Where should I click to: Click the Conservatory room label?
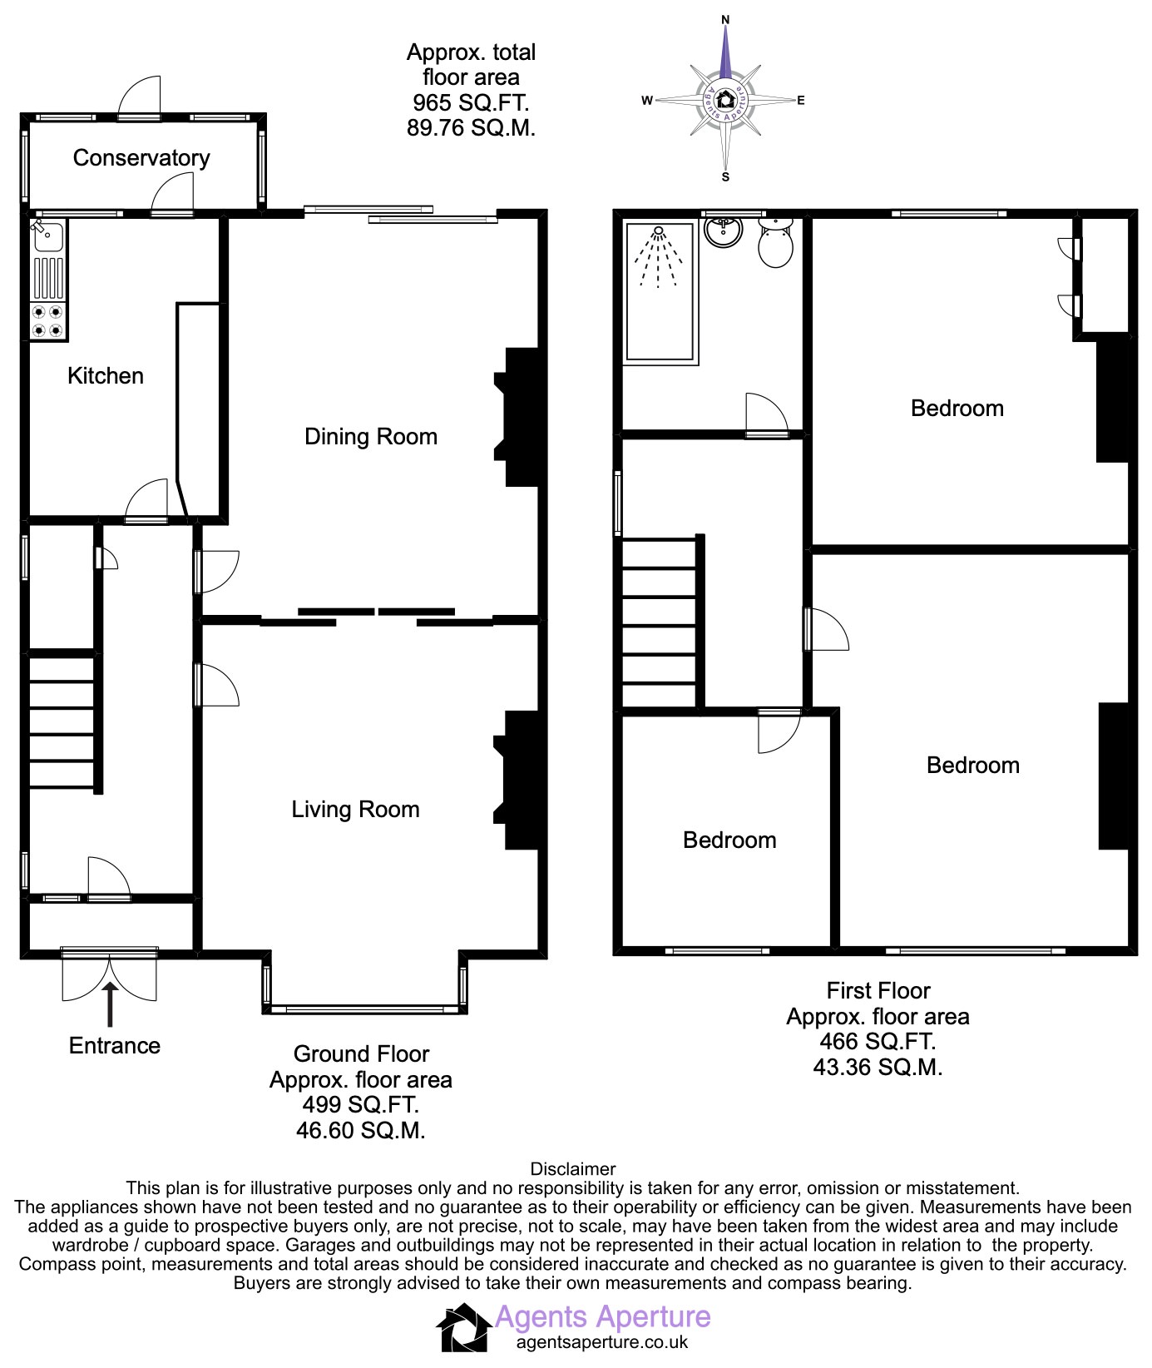coord(141,158)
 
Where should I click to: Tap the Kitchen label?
coord(106,376)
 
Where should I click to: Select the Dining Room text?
coord(371,437)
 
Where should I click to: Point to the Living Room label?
coord(355,810)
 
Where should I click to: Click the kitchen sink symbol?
coord(48,236)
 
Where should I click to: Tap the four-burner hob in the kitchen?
coord(48,321)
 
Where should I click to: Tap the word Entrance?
coord(115,1046)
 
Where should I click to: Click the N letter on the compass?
coord(725,19)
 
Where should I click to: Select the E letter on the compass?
coord(801,101)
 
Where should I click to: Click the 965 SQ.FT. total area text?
coord(471,103)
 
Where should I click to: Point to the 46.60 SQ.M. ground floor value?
coord(361,1131)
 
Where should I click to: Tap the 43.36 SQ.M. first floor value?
coord(878,1068)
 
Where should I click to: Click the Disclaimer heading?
coord(573,1169)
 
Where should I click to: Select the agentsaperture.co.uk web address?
coord(602,1342)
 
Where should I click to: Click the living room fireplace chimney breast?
coord(521,780)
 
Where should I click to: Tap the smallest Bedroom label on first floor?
coord(729,840)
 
